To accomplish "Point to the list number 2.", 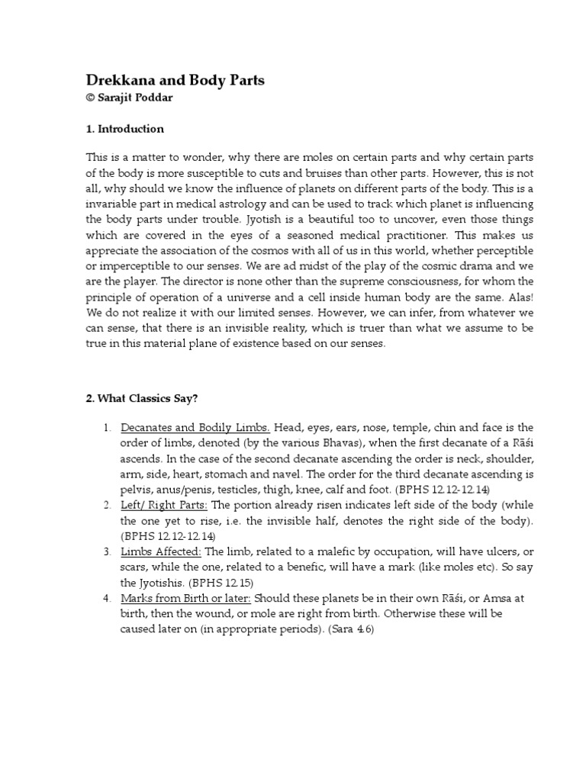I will coord(108,505).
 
